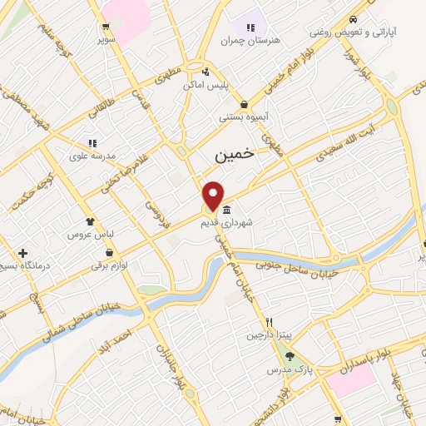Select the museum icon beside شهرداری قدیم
coord(227,209)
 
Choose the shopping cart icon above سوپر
coord(106,25)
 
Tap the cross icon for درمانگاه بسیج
coord(22,253)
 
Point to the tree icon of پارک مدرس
coord(290,355)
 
